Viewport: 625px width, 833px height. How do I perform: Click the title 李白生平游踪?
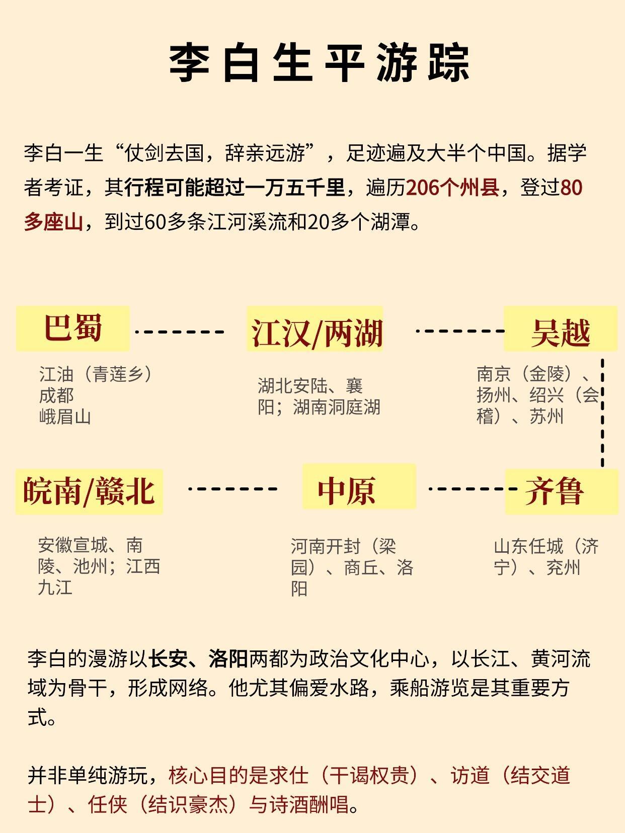(x=319, y=63)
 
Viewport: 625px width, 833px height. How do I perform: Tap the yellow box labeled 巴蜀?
(x=73, y=328)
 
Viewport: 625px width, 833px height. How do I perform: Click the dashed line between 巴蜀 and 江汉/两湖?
(x=180, y=332)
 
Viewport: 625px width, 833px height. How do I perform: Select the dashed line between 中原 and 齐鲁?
(x=472, y=488)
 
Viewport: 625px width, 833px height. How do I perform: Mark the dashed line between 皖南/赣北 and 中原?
(x=232, y=488)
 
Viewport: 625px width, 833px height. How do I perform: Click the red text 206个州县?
(x=452, y=188)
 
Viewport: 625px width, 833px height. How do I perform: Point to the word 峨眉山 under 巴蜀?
(x=65, y=417)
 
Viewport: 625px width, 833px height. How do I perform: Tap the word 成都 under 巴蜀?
(x=56, y=396)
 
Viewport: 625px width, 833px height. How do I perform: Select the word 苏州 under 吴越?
(x=546, y=416)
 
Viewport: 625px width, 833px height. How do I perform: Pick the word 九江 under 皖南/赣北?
(x=55, y=588)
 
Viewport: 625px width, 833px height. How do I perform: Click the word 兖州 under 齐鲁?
(x=564, y=567)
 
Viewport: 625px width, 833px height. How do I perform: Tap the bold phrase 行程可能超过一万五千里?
(x=235, y=188)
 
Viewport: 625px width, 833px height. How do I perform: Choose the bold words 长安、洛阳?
(x=199, y=659)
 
